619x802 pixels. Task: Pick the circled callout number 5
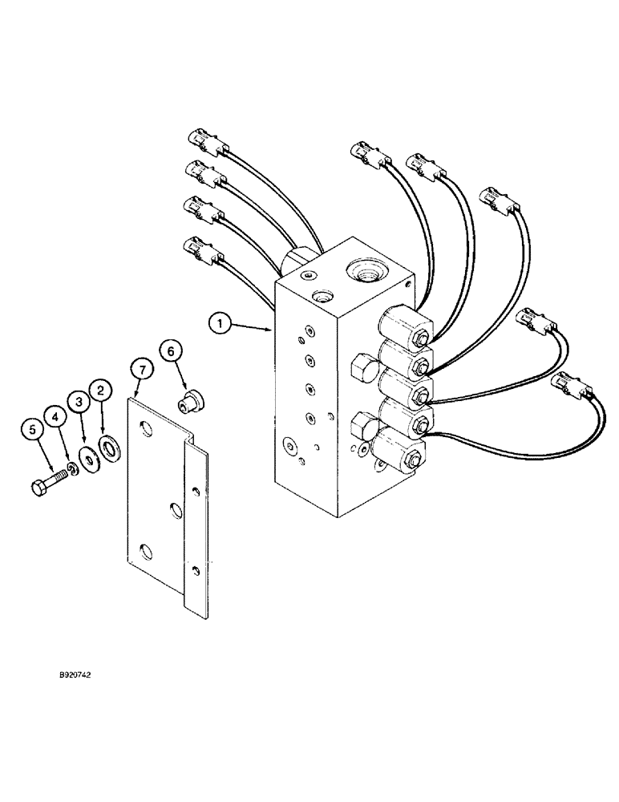pos(34,430)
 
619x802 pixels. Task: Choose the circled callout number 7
pos(140,370)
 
